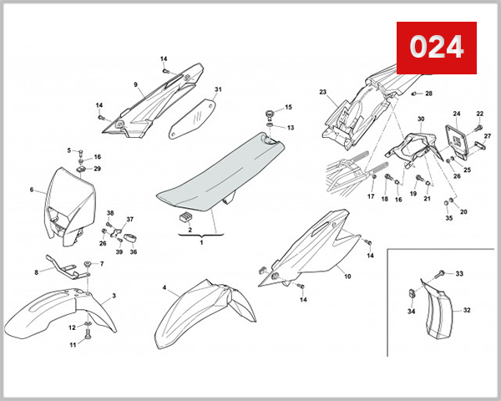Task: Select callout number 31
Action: (218, 89)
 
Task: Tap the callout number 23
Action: (323, 93)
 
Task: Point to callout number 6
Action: (32, 190)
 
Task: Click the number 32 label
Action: (467, 310)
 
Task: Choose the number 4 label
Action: (164, 288)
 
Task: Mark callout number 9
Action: (134, 84)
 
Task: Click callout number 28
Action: (428, 94)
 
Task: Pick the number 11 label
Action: (73, 345)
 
